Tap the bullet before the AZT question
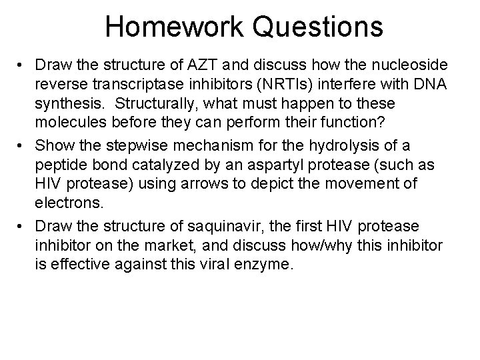22,66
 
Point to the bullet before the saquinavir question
22,227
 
